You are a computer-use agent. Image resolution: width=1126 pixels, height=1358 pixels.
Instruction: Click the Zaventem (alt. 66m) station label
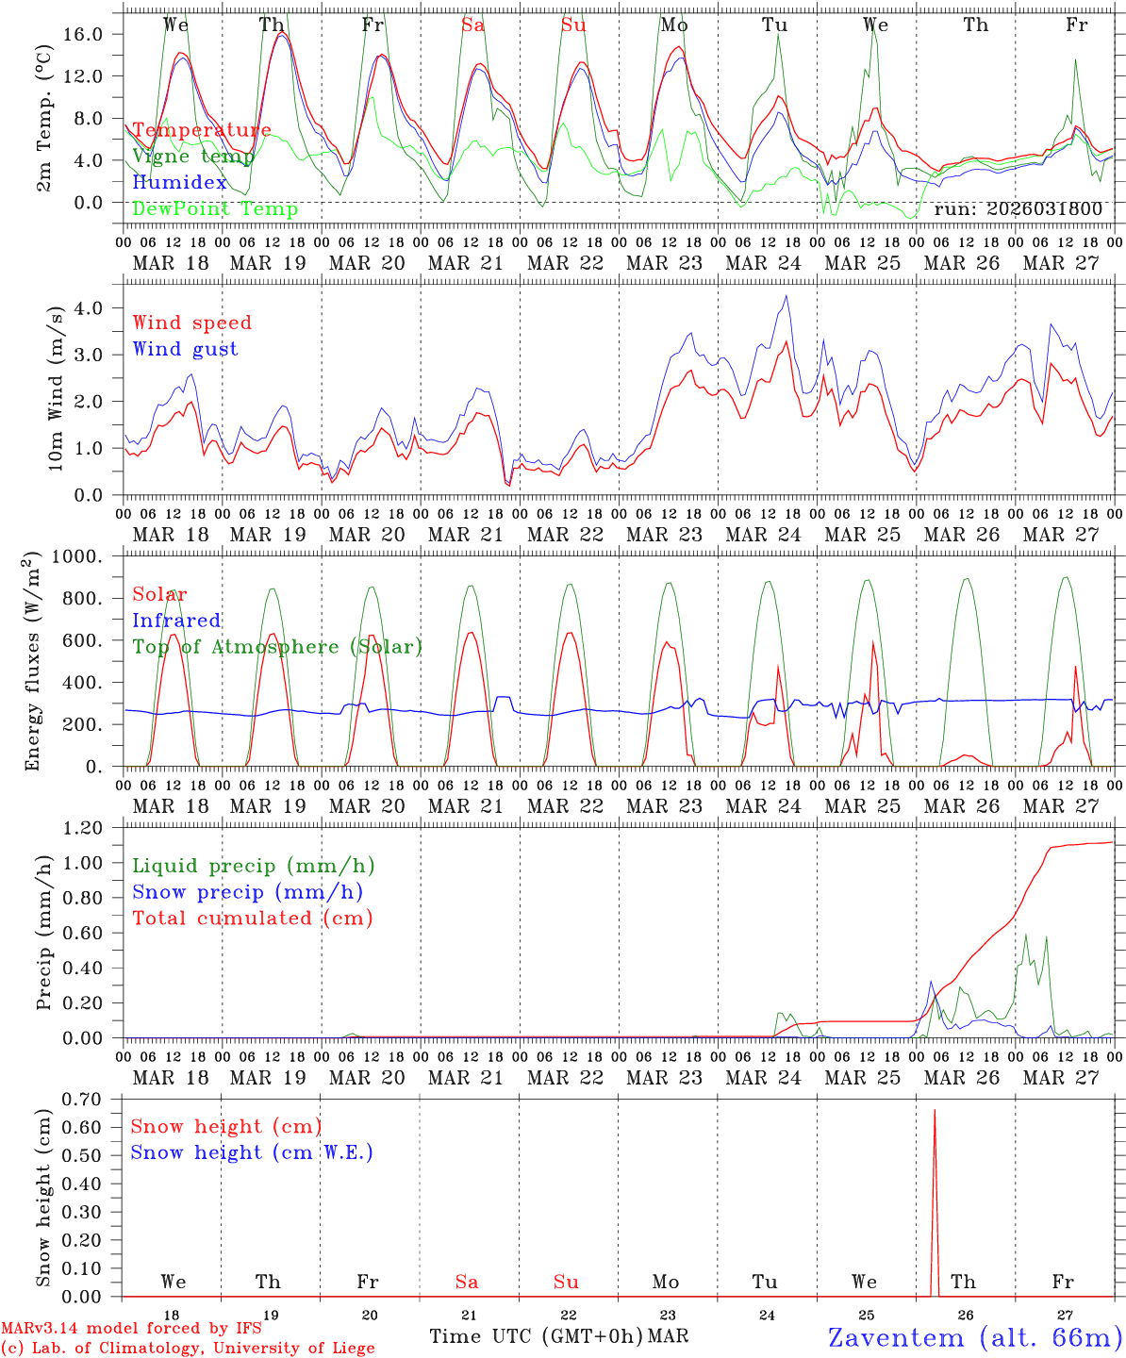click(975, 1337)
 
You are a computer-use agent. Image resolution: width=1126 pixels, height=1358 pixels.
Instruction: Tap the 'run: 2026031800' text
click(1018, 208)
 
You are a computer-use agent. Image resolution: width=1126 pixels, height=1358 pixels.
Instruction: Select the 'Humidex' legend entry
click(179, 183)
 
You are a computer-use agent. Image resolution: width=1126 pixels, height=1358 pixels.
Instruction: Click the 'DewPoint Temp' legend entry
click(215, 208)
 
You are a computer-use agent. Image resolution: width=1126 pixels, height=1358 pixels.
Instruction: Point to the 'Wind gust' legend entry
click(185, 349)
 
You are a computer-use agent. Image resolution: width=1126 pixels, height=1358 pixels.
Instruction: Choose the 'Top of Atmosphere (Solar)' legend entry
click(277, 647)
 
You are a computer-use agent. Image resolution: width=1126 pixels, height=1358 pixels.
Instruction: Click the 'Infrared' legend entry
click(176, 621)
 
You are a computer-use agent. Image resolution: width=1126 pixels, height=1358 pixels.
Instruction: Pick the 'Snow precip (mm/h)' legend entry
click(247, 892)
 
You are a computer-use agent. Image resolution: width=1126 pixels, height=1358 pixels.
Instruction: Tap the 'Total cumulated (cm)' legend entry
click(252, 918)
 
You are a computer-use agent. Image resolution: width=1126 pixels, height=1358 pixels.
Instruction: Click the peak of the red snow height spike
click(935, 1111)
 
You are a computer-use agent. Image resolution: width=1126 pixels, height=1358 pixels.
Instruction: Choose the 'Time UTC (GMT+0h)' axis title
click(537, 1336)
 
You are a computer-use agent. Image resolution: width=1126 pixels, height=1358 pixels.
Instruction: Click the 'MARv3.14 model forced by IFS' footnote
click(131, 1329)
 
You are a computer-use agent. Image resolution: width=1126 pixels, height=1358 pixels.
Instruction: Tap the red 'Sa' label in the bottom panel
click(467, 1282)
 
